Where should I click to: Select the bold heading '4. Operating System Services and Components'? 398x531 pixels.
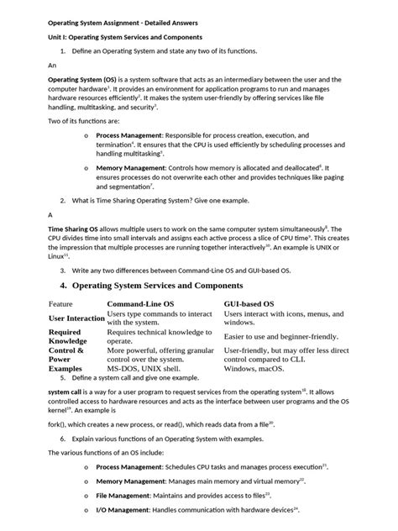166,287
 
